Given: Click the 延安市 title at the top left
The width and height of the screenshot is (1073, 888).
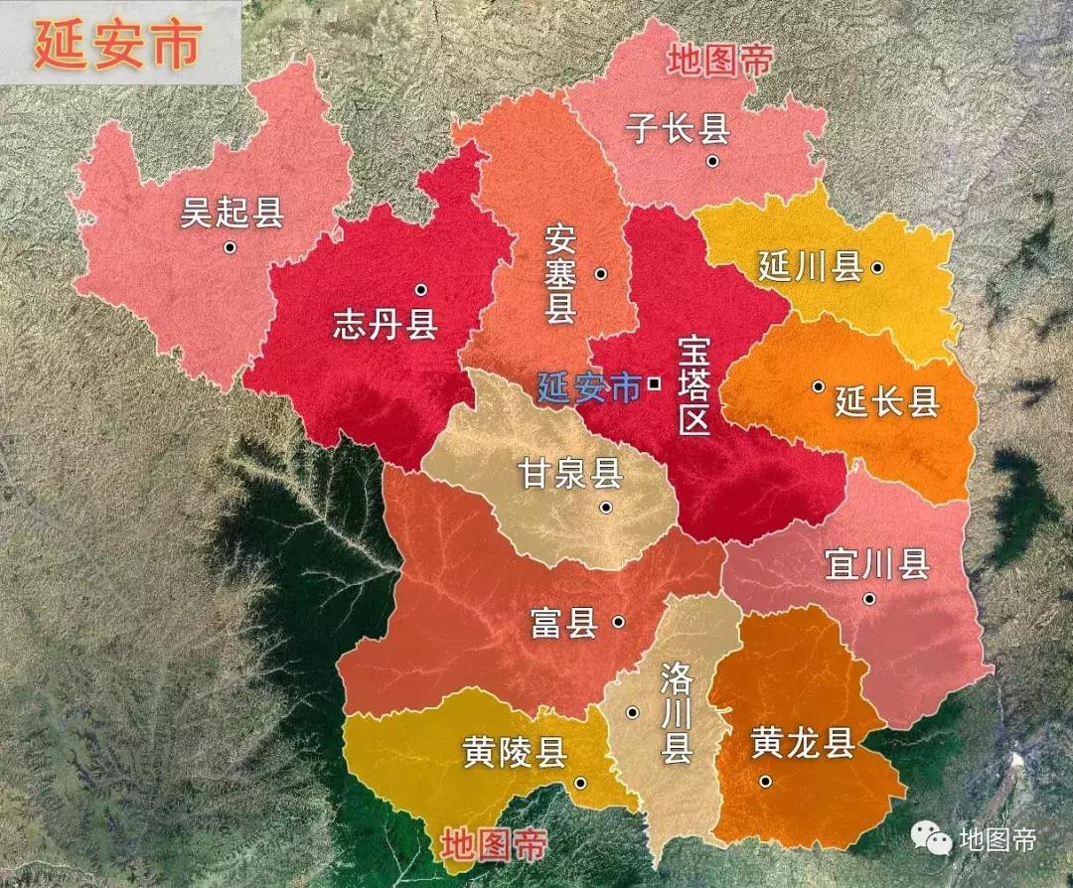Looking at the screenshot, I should (117, 44).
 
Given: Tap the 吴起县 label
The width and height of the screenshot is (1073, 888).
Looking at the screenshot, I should (231, 213).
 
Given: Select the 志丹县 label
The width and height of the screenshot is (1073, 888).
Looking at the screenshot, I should (384, 325).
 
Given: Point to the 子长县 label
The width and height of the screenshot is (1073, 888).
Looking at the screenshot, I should (678, 128).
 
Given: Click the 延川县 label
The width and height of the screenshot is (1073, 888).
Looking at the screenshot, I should (810, 267).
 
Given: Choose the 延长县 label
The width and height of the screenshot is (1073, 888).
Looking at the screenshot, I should (887, 402).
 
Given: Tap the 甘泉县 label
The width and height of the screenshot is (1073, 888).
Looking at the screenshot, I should (569, 474).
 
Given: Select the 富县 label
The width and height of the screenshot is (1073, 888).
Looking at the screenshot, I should (563, 623).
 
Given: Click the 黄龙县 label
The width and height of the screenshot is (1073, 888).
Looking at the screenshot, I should (803, 743).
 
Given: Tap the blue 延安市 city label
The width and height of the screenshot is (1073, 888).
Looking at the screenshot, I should (589, 386).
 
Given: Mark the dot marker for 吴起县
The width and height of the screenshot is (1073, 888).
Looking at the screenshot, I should (230, 247).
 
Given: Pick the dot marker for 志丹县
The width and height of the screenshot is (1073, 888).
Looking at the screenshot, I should (420, 290).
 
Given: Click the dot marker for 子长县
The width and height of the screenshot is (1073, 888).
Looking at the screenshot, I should (712, 161).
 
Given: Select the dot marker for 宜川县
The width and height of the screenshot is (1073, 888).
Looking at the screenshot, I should (869, 598).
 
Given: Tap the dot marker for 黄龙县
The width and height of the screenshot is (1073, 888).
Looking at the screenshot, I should (765, 781).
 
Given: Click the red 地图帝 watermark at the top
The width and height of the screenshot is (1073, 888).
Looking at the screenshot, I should (719, 62).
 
